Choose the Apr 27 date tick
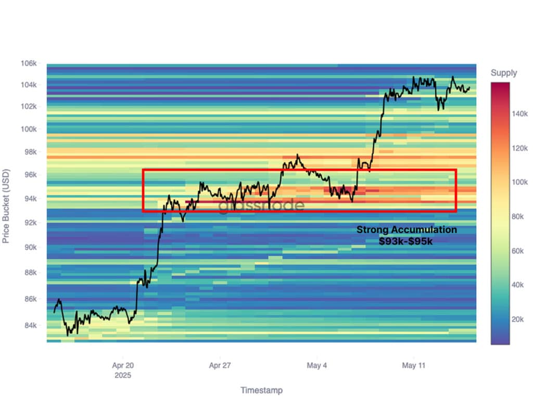coord(220,366)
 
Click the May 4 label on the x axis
coord(317,366)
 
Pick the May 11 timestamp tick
coord(413,366)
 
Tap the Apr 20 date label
coord(123,366)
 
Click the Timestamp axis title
coord(261,390)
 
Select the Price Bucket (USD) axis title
coord(7,206)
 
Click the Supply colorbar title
coord(504,73)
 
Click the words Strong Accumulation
coord(407,230)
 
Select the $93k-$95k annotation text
coord(407,241)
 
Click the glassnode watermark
coord(261,205)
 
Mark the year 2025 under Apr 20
coord(123,375)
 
